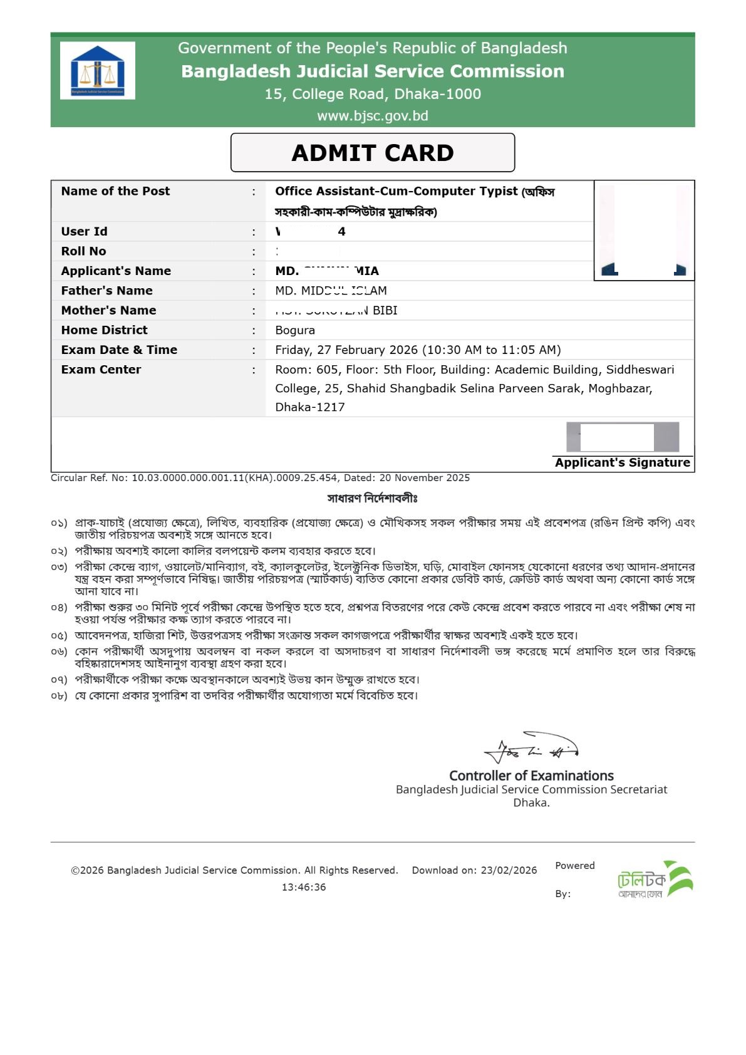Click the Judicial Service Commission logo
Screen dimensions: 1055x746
coord(98,71)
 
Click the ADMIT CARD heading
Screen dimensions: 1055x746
coord(373,153)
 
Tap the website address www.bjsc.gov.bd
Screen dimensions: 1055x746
coord(373,116)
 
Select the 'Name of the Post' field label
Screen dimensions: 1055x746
coord(115,191)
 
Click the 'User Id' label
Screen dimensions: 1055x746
coord(84,231)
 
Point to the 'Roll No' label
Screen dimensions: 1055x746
coord(83,251)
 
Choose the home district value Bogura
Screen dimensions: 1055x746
coord(295,330)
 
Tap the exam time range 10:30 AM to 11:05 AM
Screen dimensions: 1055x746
coord(492,350)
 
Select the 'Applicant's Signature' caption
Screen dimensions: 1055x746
coord(622,463)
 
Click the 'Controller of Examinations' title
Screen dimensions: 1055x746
coord(531,776)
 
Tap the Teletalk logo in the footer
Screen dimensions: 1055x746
coord(655,879)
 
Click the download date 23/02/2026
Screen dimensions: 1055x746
coord(509,870)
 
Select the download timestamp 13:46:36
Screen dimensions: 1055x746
coord(304,887)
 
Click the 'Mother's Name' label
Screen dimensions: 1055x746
coord(108,310)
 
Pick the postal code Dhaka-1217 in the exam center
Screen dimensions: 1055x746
coord(310,407)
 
